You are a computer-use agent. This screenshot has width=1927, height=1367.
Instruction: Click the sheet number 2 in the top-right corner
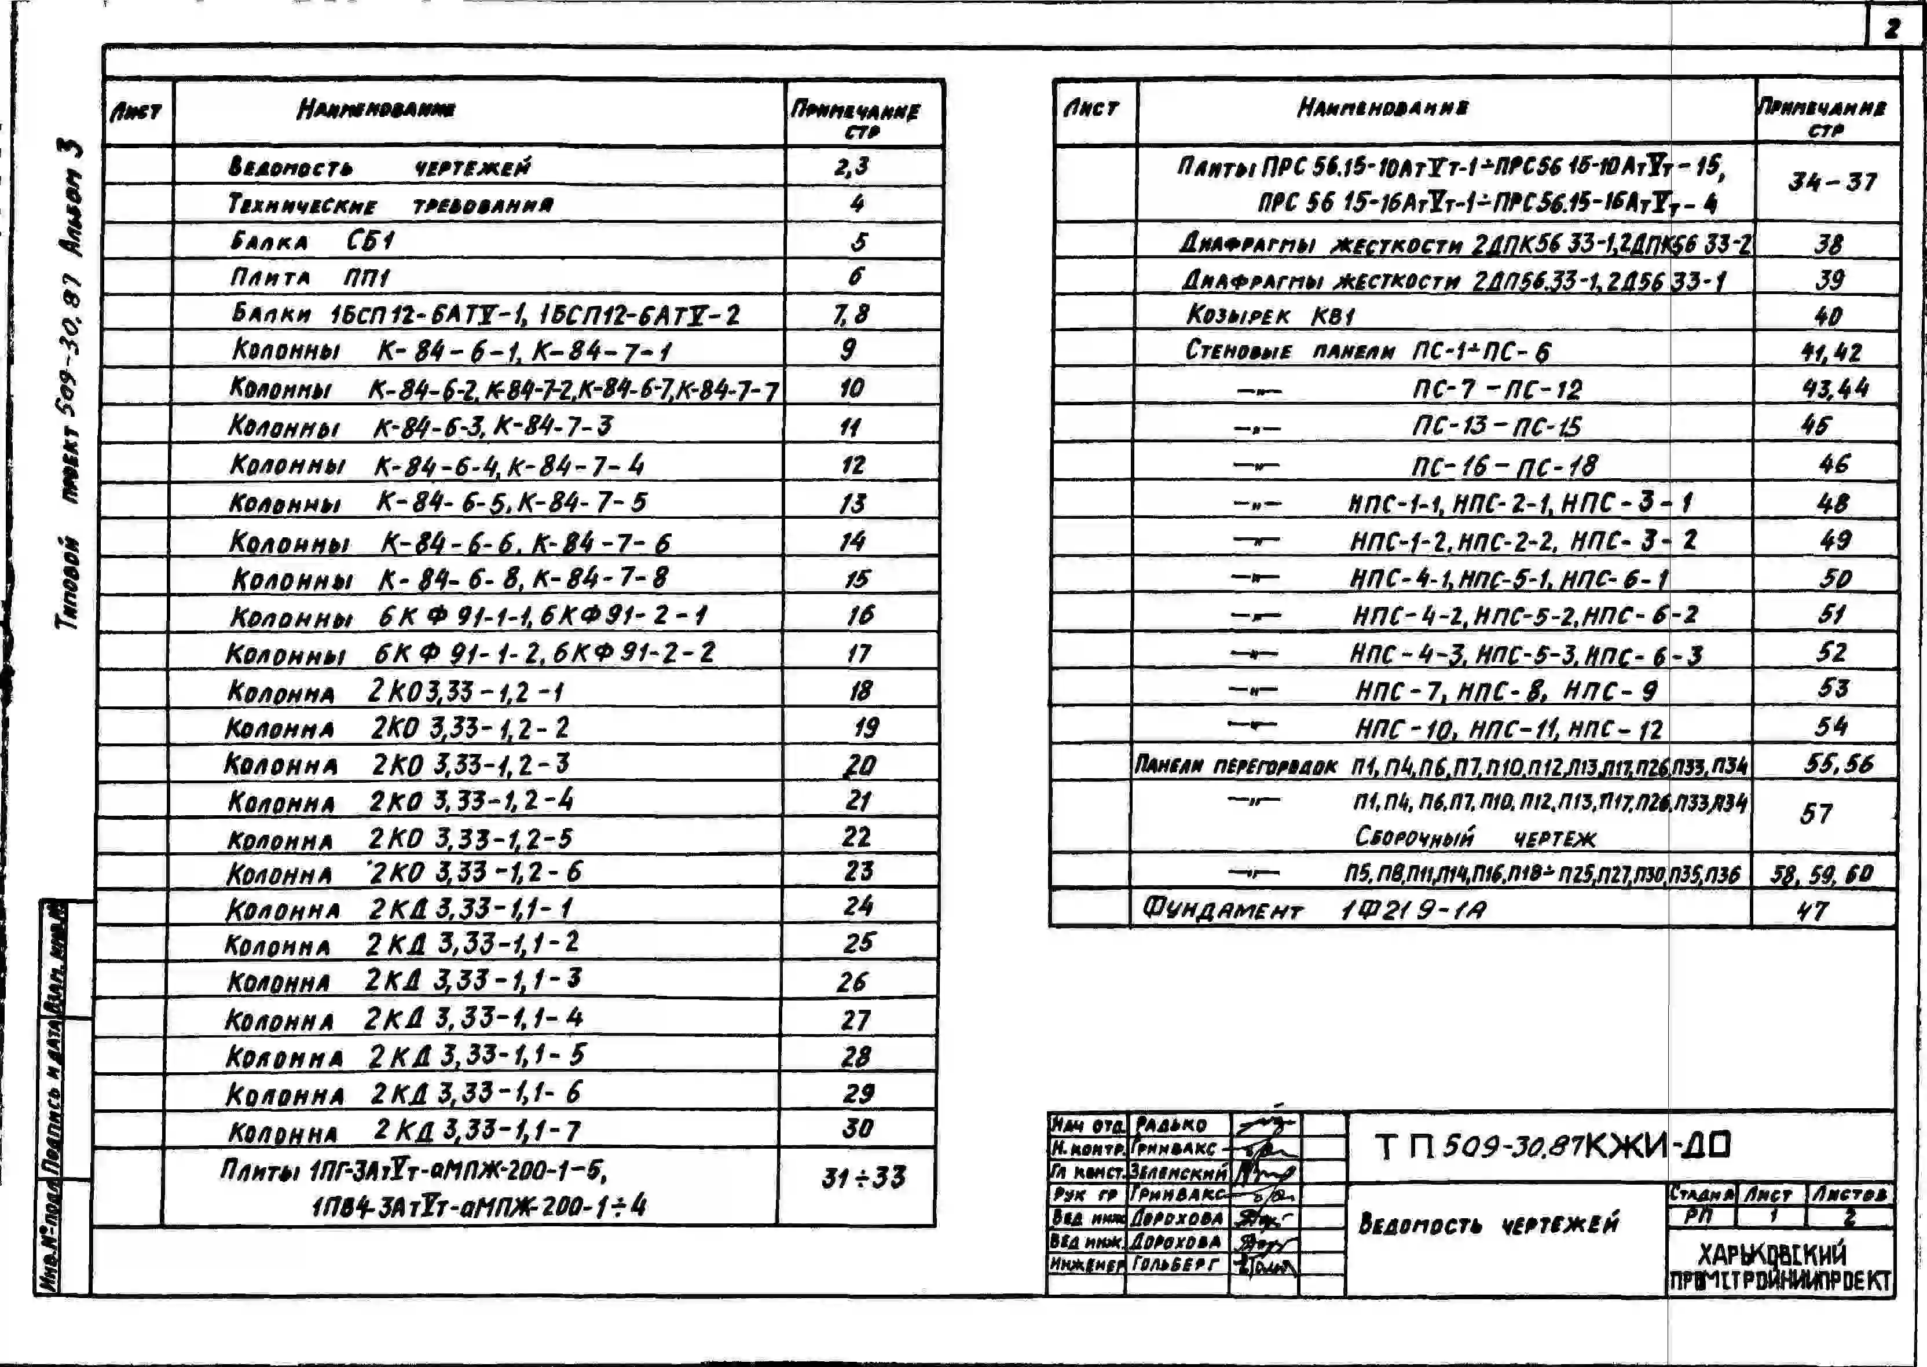[1892, 28]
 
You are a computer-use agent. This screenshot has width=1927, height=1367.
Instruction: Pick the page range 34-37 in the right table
[1832, 182]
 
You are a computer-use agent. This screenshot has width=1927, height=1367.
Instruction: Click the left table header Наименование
[376, 109]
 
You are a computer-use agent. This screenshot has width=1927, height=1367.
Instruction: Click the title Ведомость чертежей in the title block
[1489, 1224]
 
